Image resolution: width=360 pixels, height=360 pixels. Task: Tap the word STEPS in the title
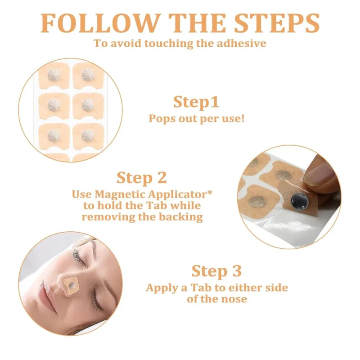click(277, 23)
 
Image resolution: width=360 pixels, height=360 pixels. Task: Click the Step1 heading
click(196, 102)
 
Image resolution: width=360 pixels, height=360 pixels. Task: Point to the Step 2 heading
click(142, 178)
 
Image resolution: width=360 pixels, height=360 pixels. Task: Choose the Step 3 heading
click(216, 271)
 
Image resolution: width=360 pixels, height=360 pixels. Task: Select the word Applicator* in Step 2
click(180, 195)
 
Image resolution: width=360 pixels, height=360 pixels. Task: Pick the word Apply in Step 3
click(162, 288)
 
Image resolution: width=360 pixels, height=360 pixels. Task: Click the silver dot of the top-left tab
click(54, 75)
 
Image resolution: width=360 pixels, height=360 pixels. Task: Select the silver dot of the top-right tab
click(88, 75)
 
